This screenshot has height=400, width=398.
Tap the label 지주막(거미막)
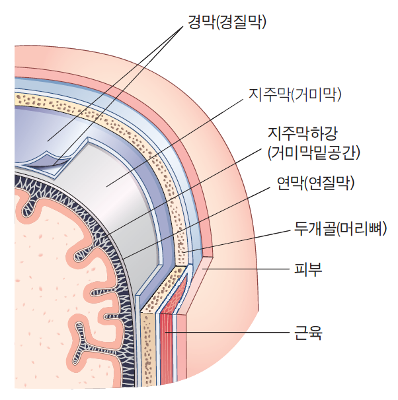click(x=294, y=95)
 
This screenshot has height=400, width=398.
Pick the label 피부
click(x=307, y=269)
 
